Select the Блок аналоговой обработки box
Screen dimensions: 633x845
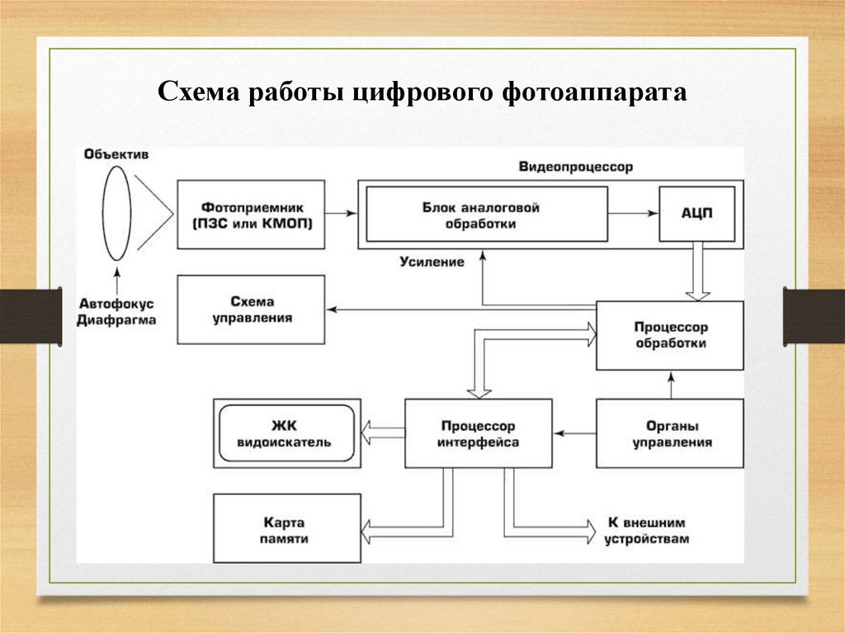tap(487, 214)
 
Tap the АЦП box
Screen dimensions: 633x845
tap(696, 214)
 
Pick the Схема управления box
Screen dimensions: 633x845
tap(251, 309)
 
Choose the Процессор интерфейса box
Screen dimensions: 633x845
tap(478, 434)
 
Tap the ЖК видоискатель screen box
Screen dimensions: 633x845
tap(286, 434)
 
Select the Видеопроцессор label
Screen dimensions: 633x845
tap(576, 167)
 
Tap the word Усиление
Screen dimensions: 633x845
tap(432, 262)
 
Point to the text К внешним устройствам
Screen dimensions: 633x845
tap(646, 531)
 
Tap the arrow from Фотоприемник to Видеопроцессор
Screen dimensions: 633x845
tap(341, 214)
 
